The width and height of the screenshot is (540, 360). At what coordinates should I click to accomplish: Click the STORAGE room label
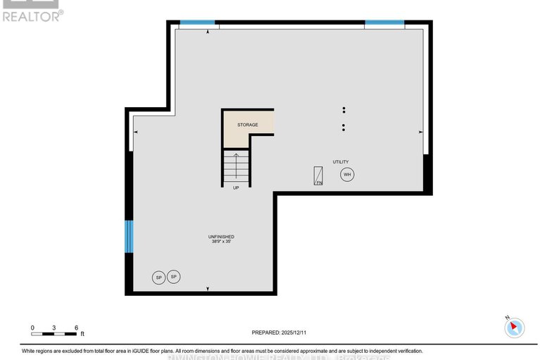coord(247,125)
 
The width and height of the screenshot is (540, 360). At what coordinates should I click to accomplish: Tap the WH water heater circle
coord(346,175)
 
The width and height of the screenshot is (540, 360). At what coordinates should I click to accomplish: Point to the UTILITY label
coord(341,162)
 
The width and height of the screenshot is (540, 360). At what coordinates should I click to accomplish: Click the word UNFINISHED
coord(221,236)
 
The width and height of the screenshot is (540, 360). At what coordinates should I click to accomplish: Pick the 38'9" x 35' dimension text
coord(221,242)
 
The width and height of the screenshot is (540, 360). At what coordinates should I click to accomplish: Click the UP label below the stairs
coord(236,188)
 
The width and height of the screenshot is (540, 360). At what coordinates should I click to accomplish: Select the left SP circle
coord(158,278)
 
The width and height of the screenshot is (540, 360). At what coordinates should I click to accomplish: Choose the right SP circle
coord(173,277)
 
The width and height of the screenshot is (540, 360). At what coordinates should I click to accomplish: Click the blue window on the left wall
coord(129,236)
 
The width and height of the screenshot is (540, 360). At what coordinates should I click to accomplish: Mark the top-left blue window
coord(197,23)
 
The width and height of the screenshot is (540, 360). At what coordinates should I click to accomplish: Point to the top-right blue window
coord(384,23)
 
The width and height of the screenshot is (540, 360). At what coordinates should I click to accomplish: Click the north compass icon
coord(515,327)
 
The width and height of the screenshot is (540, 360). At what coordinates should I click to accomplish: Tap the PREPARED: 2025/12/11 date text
coord(280,333)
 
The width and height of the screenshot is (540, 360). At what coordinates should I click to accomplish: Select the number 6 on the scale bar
coord(75,328)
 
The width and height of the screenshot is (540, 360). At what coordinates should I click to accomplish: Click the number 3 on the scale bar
coord(54,328)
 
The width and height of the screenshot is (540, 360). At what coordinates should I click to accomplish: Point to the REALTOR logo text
coord(32,15)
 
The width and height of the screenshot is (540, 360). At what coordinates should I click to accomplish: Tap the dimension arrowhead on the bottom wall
coord(207,289)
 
